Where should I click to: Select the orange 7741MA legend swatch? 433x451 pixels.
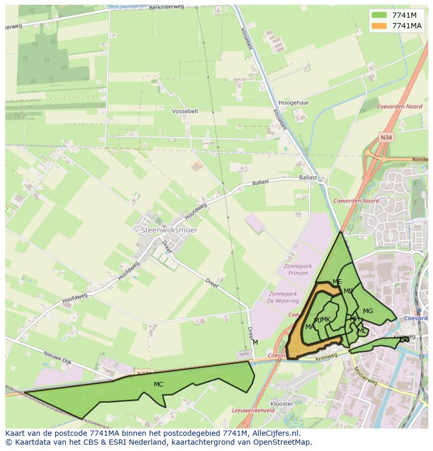click(x=380, y=26)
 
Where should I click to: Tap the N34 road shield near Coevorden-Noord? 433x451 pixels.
click(x=386, y=137)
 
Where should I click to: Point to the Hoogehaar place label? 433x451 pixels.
click(x=294, y=103)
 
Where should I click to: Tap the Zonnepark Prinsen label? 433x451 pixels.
click(x=298, y=269)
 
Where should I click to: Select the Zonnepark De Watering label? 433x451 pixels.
click(x=282, y=298)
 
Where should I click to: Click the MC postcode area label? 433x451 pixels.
click(x=158, y=384)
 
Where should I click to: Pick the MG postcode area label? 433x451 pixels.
click(x=368, y=311)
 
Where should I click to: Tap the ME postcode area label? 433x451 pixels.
click(x=337, y=282)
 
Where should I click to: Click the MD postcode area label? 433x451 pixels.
click(x=348, y=291)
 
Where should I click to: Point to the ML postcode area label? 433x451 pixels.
click(x=362, y=331)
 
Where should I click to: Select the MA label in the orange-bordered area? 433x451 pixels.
click(x=310, y=327)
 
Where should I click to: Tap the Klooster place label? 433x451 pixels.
click(x=282, y=404)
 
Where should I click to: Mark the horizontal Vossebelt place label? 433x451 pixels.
click(x=185, y=111)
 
